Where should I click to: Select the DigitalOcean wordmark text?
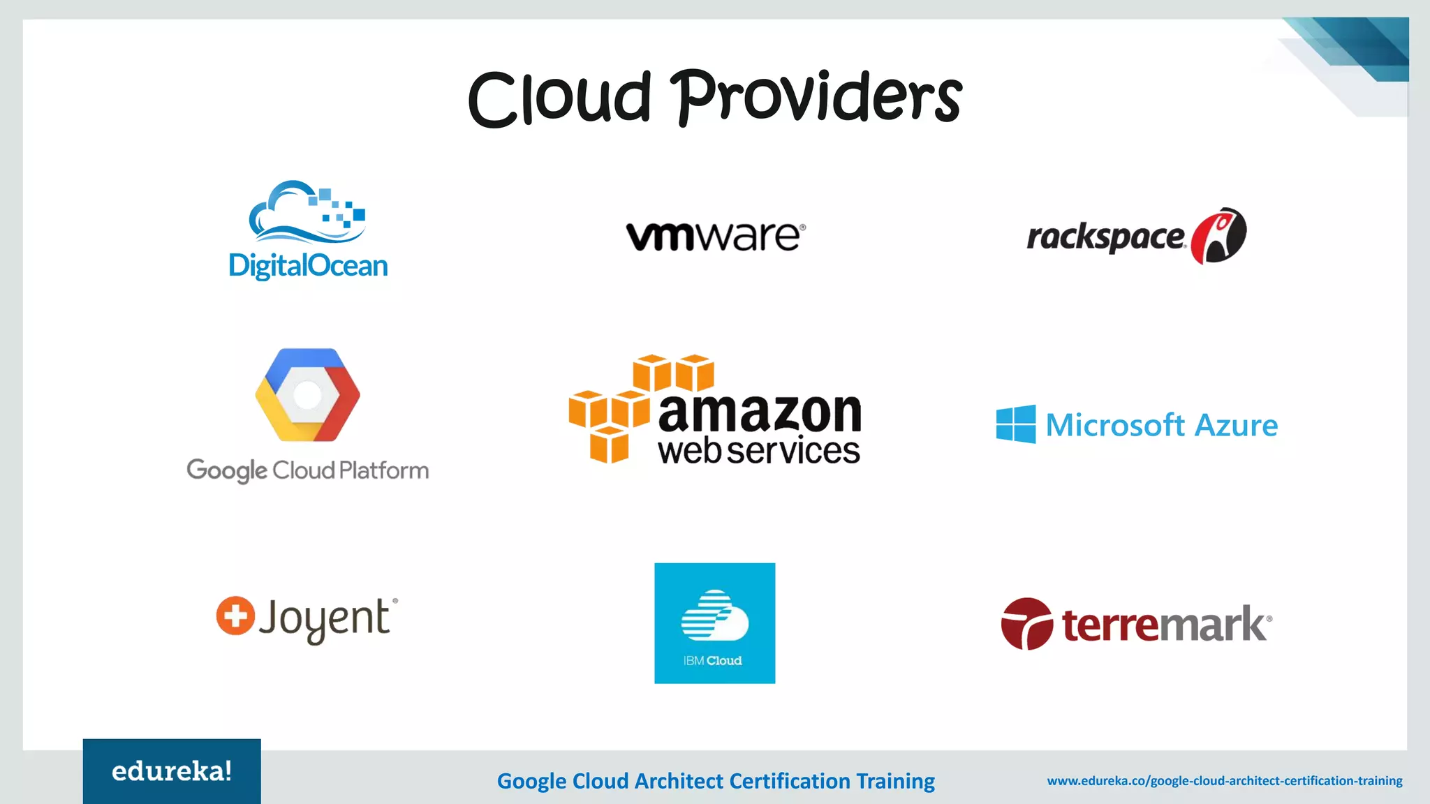[308, 266]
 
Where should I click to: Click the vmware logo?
[716, 237]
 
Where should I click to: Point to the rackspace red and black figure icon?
[1219, 236]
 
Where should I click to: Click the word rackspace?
[1105, 238]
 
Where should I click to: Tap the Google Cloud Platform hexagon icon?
[307, 395]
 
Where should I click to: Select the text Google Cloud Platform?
[307, 471]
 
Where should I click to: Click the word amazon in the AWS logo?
[760, 412]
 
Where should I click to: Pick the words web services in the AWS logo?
[759, 451]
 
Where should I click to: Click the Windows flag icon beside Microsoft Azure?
[1016, 424]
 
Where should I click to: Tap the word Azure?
[1236, 425]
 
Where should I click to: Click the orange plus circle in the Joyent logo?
[235, 616]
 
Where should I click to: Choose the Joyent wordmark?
[325, 619]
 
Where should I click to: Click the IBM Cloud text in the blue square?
[713, 660]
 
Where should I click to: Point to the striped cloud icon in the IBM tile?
[714, 615]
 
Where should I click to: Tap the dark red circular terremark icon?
[1027, 623]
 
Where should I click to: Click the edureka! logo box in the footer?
[172, 771]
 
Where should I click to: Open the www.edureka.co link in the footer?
[1225, 781]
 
